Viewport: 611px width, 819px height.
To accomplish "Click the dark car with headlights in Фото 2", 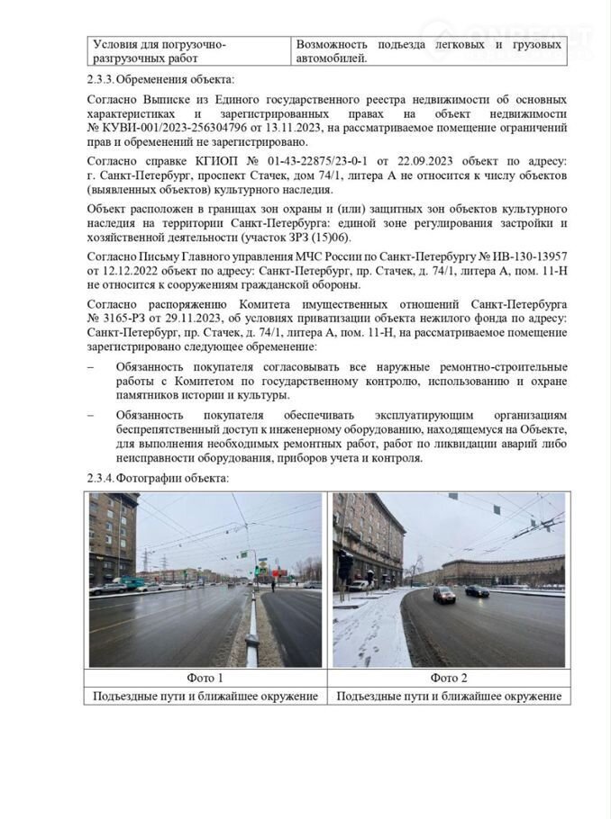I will pos(444,594).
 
